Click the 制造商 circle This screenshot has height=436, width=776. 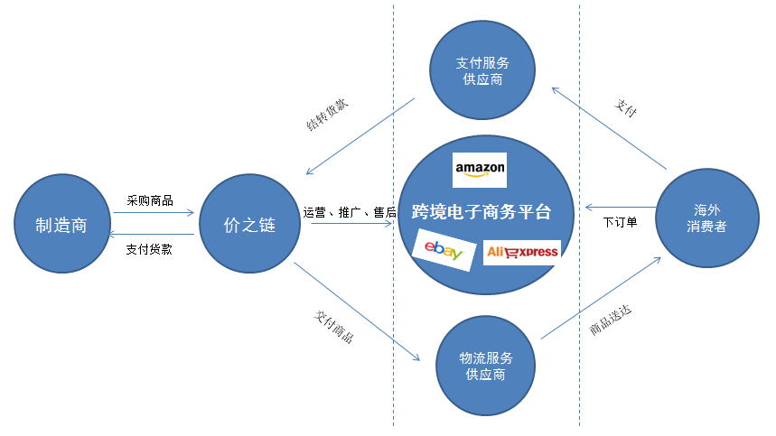pyautogui.click(x=61, y=225)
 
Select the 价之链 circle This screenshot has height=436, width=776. pyautogui.click(x=249, y=225)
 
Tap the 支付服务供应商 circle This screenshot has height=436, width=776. pyautogui.click(x=482, y=71)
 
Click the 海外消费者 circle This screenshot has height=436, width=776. pyautogui.click(x=706, y=218)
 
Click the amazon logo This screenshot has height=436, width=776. pyautogui.click(x=480, y=169)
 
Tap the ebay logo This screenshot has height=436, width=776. pyautogui.click(x=444, y=250)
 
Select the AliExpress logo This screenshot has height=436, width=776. pyautogui.click(x=522, y=252)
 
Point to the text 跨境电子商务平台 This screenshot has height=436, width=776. pyautogui.click(x=480, y=213)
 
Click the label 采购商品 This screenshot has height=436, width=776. pyautogui.click(x=150, y=200)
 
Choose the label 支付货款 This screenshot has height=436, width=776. pyautogui.click(x=149, y=249)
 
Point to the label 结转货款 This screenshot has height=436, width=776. pyautogui.click(x=327, y=115)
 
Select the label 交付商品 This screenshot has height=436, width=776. pyautogui.click(x=333, y=326)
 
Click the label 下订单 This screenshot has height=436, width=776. pyautogui.click(x=620, y=221)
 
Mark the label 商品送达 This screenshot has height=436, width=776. pyautogui.click(x=610, y=321)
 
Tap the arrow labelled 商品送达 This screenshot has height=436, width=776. pyautogui.click(x=600, y=298)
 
